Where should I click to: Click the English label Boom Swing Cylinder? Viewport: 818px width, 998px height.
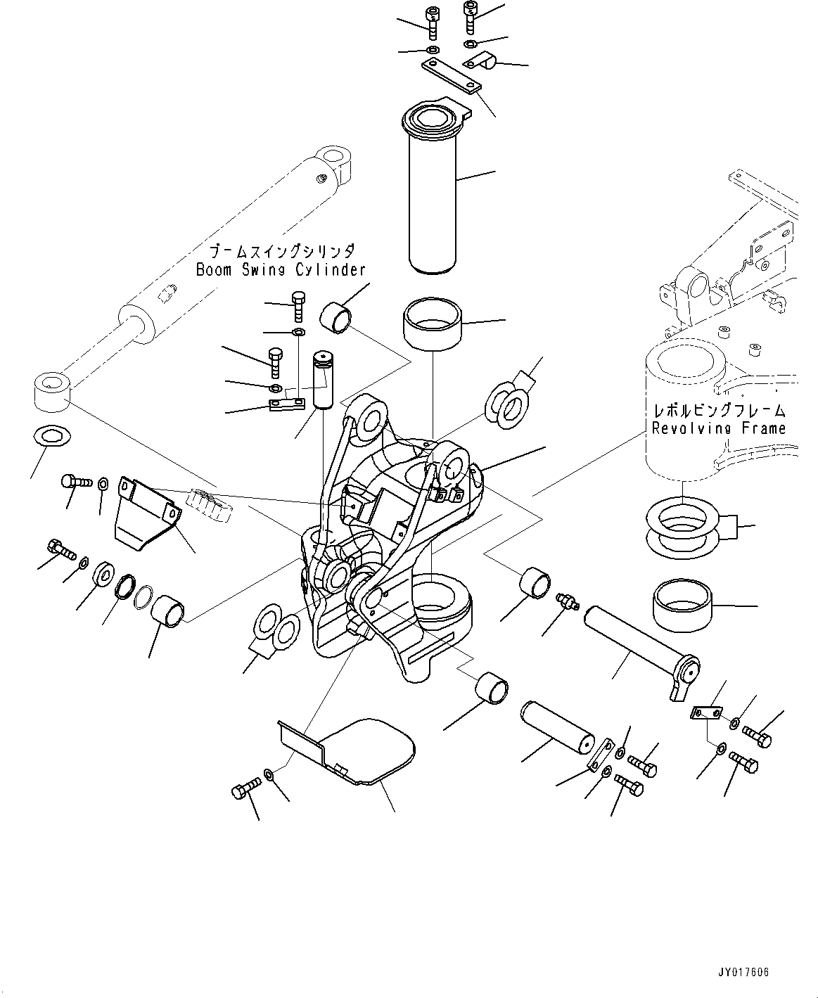click(x=280, y=269)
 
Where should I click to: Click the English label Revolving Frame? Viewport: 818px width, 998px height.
click(x=718, y=428)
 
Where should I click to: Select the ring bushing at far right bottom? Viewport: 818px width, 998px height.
click(x=680, y=605)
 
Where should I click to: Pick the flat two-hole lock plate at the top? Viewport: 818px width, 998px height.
click(x=450, y=75)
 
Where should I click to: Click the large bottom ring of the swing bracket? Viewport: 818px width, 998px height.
click(x=439, y=596)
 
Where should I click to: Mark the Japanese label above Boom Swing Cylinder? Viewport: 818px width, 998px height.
click(x=281, y=251)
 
